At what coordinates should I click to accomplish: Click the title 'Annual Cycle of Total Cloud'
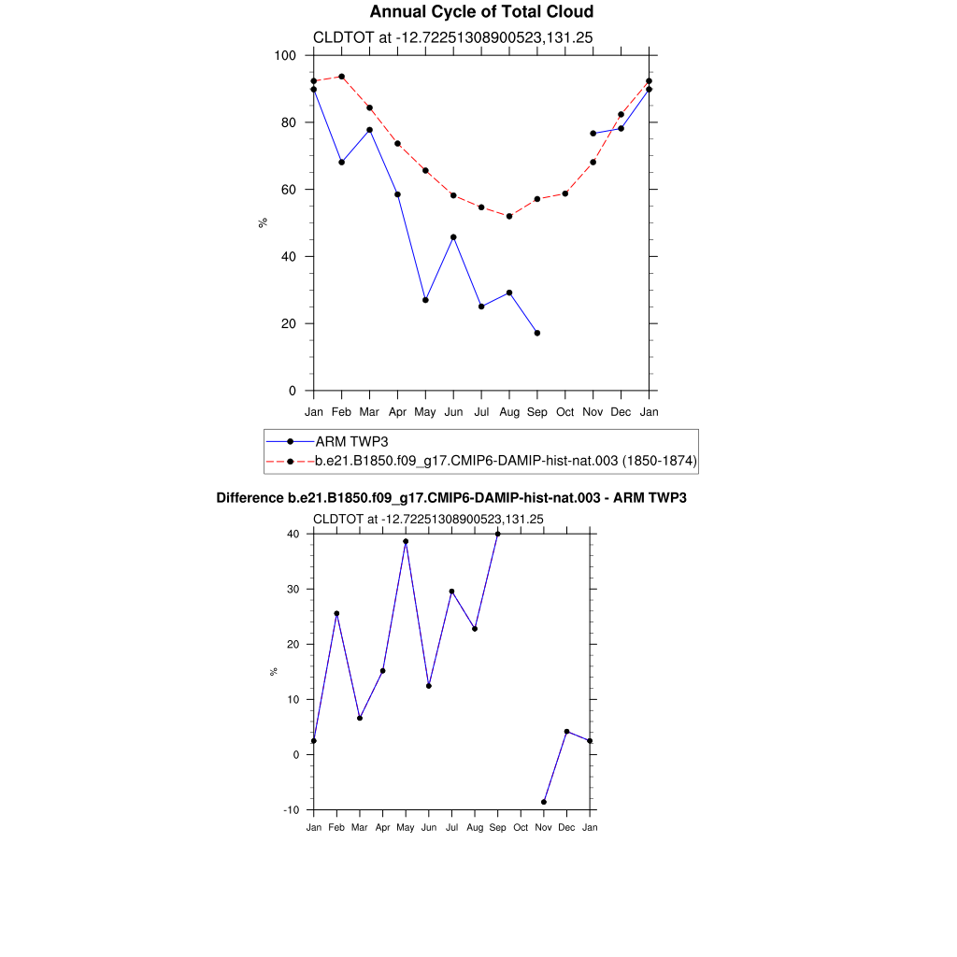pos(481,12)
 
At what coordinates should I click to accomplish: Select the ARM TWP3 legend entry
pos(351,441)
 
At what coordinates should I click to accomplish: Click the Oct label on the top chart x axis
pos(565,412)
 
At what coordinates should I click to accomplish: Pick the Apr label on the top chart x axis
pos(397,412)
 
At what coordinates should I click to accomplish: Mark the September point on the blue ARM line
pos(537,333)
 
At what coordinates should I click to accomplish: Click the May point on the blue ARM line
pos(425,300)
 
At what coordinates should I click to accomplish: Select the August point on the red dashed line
pos(509,216)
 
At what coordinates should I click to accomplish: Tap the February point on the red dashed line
pos(342,77)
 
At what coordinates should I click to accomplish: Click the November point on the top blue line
pos(593,134)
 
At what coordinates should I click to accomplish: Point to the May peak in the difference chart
pos(406,541)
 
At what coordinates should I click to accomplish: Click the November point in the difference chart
pos(544,802)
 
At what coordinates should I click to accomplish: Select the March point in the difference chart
pos(360,718)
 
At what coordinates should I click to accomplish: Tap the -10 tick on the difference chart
pos(291,810)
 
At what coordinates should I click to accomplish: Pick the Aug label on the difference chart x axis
pos(475,828)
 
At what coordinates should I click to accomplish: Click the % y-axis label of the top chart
pos(264,222)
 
